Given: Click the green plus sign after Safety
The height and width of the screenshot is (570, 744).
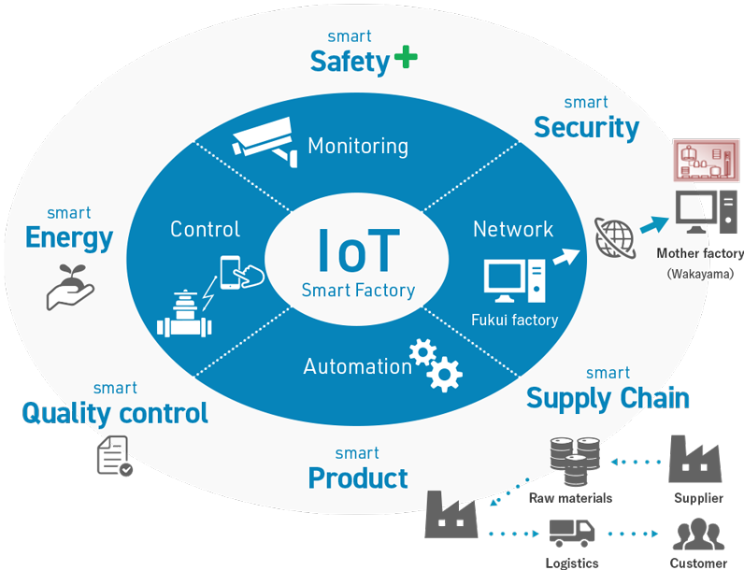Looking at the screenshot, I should coord(405,59).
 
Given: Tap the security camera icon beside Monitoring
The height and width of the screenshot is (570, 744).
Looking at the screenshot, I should coord(264,137).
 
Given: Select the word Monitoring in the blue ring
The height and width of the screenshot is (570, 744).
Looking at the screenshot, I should coord(358,146).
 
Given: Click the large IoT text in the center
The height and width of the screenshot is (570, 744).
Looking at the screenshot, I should coord(358,249).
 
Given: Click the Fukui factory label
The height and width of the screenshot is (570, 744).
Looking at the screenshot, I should coord(514,321).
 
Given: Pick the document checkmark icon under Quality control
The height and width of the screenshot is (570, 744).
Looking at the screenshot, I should coord(113,455).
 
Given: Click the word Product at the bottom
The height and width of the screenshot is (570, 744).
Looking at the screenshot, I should coord(358,478).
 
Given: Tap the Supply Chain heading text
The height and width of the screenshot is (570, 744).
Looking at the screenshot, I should coord(608,399).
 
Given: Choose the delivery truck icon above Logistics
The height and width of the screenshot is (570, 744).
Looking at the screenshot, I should coord(573,533).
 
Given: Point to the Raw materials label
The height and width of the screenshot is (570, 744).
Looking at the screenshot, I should coord(570,498).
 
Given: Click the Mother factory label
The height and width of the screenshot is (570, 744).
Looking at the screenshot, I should coord(700,253).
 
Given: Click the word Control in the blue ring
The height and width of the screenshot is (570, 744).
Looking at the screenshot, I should coord(205,229).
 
